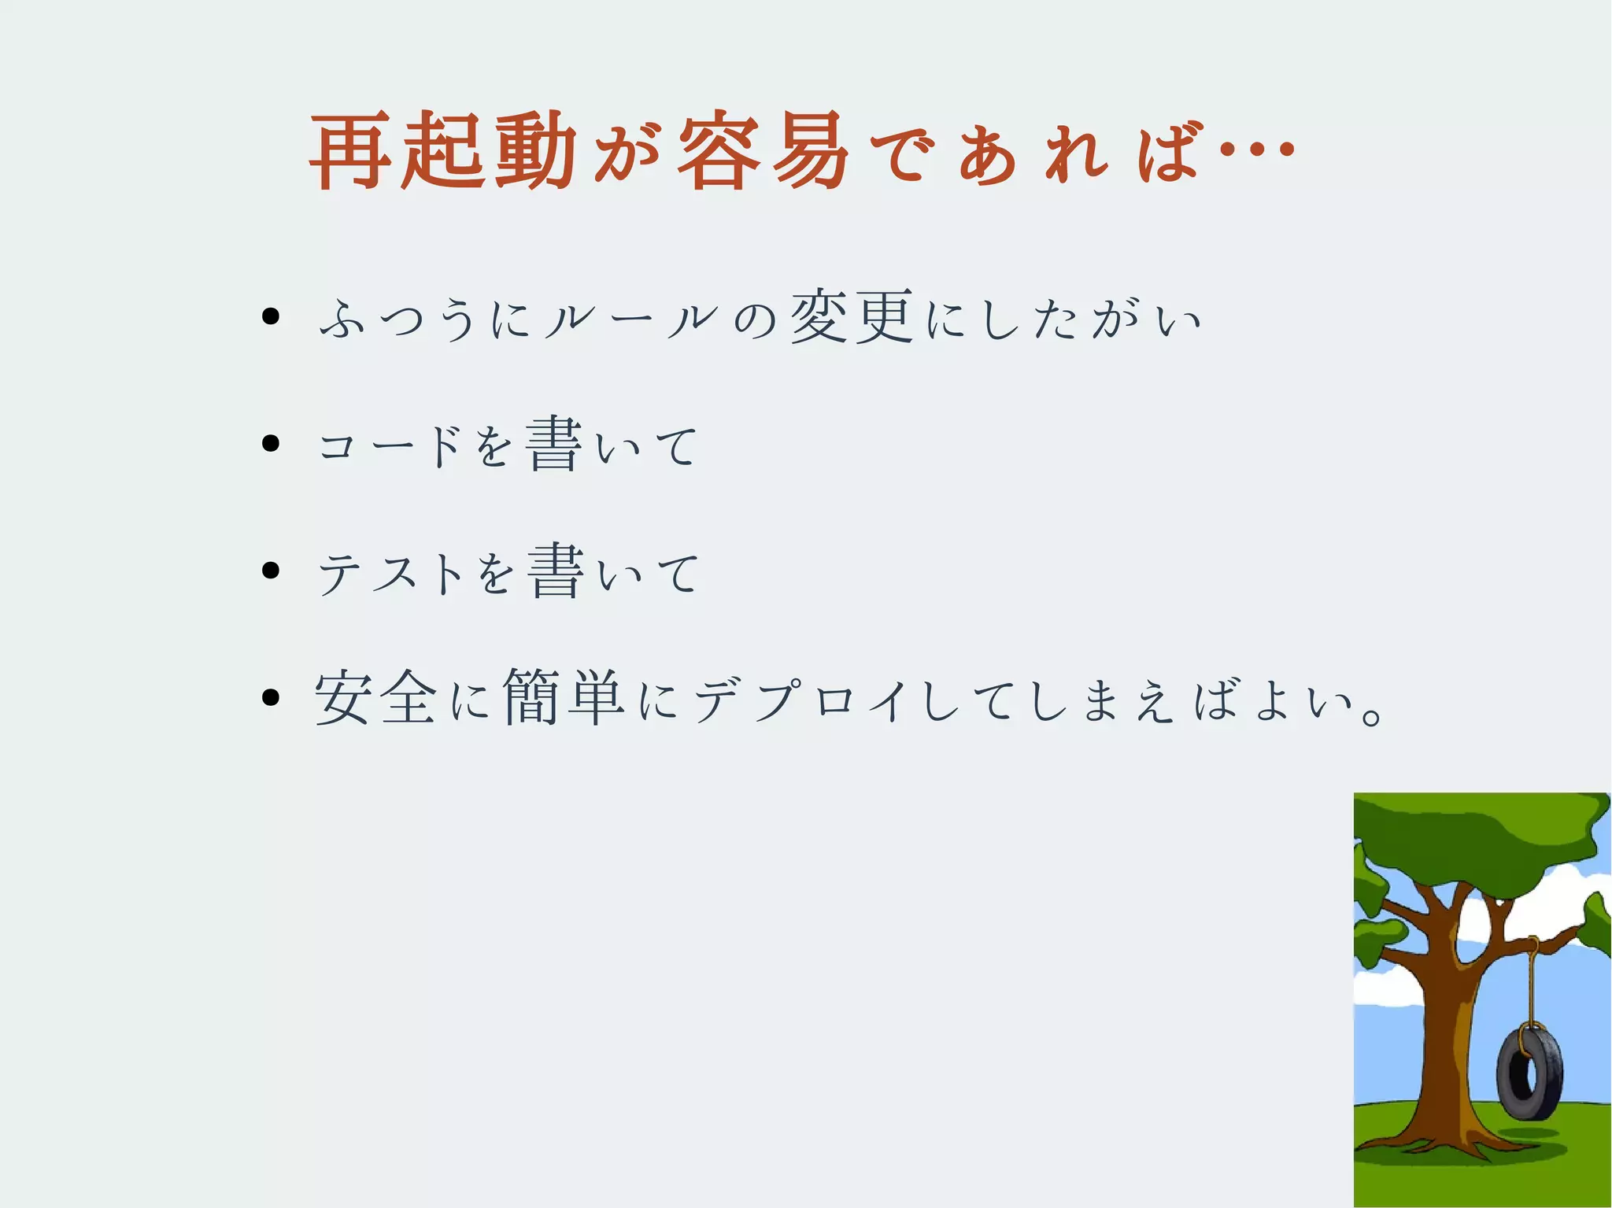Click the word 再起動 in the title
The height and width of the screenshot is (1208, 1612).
click(x=443, y=150)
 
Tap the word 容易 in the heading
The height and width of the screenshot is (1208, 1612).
click(x=762, y=150)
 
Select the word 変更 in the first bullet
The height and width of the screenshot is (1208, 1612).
click(x=852, y=316)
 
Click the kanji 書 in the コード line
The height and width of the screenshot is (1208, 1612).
click(x=554, y=444)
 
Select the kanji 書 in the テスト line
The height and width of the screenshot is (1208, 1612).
click(x=556, y=571)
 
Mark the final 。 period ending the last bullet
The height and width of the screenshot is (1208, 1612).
click(x=1371, y=716)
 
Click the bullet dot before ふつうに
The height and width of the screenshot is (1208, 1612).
click(x=271, y=317)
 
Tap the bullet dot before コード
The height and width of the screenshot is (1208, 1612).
click(x=271, y=444)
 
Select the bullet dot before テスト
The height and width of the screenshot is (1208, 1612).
click(x=271, y=571)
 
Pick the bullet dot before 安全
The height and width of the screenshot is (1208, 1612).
click(x=271, y=697)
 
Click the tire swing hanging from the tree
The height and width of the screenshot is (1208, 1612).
click(x=1529, y=1074)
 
